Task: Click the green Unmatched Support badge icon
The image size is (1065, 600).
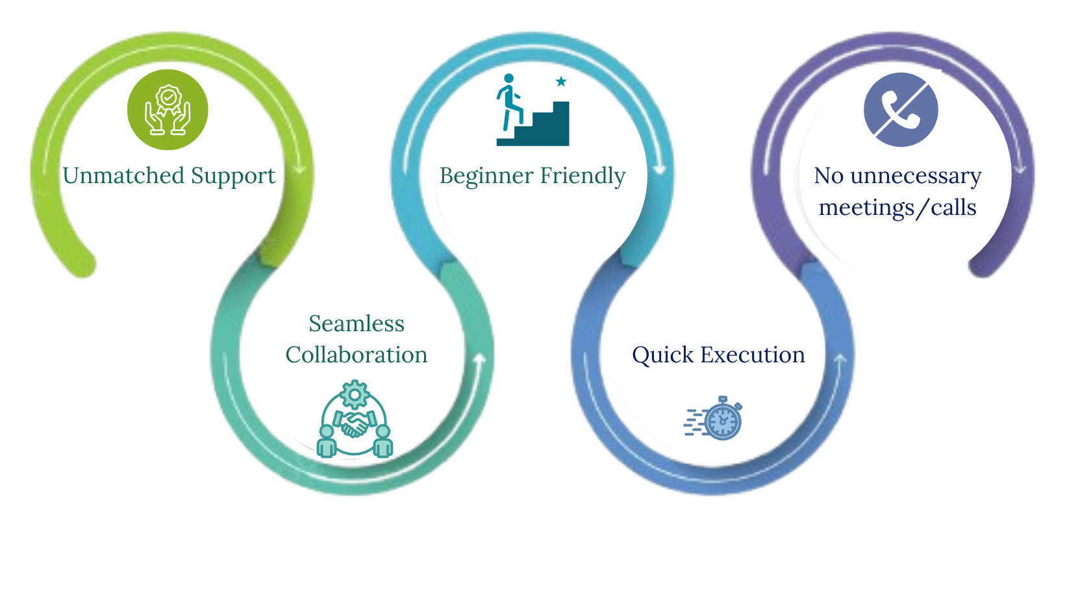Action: (x=168, y=110)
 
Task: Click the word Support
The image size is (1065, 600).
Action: (x=233, y=177)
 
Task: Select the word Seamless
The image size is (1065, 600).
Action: (x=357, y=323)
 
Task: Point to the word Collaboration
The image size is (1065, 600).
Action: (x=357, y=355)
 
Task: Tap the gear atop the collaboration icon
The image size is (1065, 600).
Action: (x=355, y=394)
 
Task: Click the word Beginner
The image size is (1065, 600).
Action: (x=486, y=176)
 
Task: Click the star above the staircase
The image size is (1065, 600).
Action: (x=561, y=82)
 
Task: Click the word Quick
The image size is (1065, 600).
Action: (x=662, y=355)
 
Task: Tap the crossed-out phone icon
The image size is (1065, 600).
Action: (x=901, y=110)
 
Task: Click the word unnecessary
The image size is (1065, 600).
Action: (x=916, y=176)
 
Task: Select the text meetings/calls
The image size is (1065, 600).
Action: (x=897, y=208)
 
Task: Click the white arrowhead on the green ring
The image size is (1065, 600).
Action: (x=299, y=169)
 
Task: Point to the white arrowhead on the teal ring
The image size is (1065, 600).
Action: (x=480, y=358)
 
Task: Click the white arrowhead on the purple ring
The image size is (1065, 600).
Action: (x=1020, y=169)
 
